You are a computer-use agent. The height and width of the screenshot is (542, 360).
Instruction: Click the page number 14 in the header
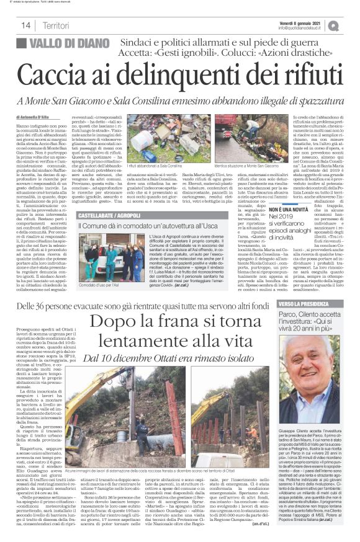click(26, 25)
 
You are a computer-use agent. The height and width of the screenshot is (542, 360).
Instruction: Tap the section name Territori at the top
click(55, 25)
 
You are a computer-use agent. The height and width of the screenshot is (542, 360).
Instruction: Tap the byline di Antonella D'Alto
click(38, 117)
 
